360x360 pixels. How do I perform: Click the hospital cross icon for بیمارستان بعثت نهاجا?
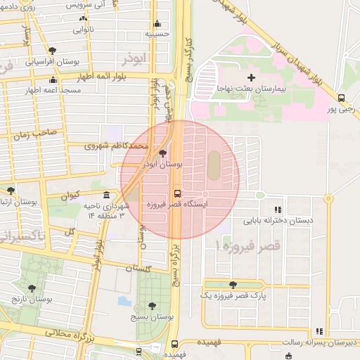click(x=252, y=77)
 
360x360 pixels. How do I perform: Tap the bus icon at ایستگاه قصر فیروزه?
click(x=176, y=192)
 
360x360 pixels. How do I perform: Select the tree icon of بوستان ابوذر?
click(x=163, y=153)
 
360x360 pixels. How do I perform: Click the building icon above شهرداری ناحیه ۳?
click(x=106, y=195)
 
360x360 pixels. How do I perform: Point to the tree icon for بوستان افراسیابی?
click(x=53, y=50)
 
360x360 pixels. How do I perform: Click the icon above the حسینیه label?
click(x=157, y=23)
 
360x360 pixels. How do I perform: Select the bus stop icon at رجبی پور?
click(x=341, y=98)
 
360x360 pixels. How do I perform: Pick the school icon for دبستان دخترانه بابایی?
click(x=278, y=209)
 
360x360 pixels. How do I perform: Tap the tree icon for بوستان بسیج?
click(x=152, y=306)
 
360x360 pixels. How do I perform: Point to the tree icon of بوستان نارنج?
click(x=32, y=288)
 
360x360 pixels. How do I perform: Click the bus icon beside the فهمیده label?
click(x=174, y=344)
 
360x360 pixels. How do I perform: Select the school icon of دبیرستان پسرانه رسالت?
click(x=319, y=331)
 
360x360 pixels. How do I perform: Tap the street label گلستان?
click(x=138, y=269)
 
